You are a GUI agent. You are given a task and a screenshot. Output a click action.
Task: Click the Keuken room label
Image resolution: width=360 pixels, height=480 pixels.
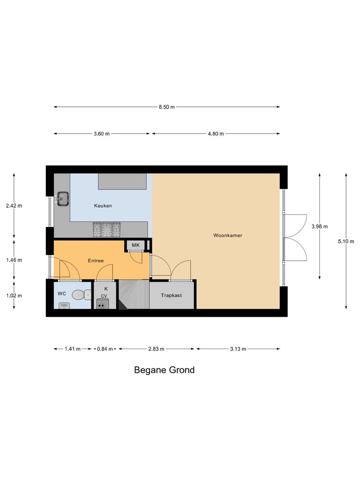pyautogui.click(x=103, y=206)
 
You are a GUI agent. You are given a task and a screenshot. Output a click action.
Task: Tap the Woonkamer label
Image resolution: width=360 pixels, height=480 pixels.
pyautogui.click(x=228, y=235)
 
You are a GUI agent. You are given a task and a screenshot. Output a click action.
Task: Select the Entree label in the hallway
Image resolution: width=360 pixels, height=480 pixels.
pyautogui.click(x=96, y=261)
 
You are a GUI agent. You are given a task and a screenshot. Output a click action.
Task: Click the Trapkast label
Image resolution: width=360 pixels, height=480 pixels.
pyautogui.click(x=171, y=296)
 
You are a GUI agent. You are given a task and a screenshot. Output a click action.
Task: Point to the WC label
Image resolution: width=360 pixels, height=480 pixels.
pyautogui.click(x=62, y=294)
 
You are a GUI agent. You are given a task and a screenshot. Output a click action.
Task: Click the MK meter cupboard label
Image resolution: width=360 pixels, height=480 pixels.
pyautogui.click(x=135, y=245)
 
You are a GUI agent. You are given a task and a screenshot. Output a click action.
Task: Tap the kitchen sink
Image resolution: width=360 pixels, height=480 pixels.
pyautogui.click(x=62, y=199)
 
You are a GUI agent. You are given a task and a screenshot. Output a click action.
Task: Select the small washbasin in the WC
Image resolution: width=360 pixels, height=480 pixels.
pyautogui.click(x=64, y=306)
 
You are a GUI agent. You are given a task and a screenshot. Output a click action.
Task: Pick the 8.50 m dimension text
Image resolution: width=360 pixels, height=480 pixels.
pyautogui.click(x=166, y=107)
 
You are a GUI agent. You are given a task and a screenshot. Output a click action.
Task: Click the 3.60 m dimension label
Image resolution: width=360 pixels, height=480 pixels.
pyautogui.click(x=102, y=134)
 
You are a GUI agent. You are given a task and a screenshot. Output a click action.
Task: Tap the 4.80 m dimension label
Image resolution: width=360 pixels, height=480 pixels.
pyautogui.click(x=216, y=134)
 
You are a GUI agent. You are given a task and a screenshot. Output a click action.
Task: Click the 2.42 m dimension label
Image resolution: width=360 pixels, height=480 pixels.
pyautogui.click(x=14, y=205)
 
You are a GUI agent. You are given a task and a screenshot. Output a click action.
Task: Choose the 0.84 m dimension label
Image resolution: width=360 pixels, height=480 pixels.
pyautogui.click(x=104, y=349)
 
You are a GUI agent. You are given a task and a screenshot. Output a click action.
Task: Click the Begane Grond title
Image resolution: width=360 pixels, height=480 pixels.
pyautogui.click(x=164, y=370)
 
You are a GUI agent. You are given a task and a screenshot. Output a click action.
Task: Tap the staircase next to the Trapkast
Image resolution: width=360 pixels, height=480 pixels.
pyautogui.click(x=133, y=295)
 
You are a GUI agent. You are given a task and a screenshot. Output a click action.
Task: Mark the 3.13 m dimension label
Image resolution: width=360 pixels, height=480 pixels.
pyautogui.click(x=238, y=349)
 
